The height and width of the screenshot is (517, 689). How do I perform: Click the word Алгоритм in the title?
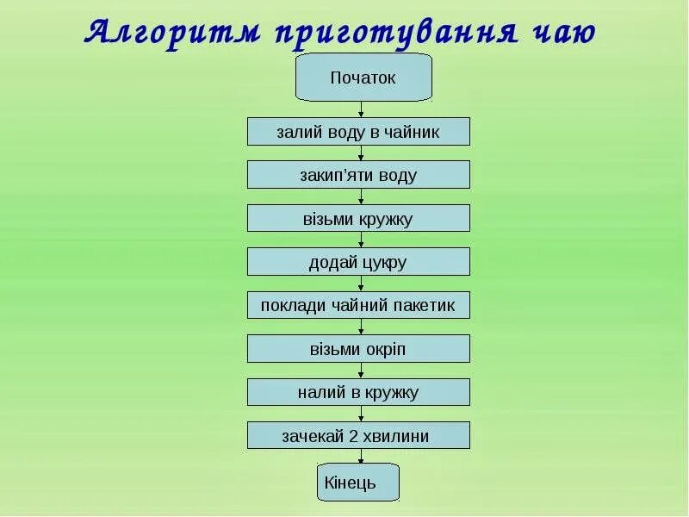(x=171, y=32)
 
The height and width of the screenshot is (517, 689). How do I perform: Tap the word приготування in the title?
(x=396, y=32)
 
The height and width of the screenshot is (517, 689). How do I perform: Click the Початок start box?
(x=363, y=78)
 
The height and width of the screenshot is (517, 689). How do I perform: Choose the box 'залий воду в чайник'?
(x=358, y=132)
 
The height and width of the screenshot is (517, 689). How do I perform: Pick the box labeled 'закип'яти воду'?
(x=358, y=175)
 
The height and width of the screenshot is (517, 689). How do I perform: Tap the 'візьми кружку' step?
(x=358, y=219)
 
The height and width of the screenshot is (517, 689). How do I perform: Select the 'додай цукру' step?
(x=358, y=262)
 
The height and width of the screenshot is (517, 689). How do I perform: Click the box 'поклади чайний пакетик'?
(x=358, y=305)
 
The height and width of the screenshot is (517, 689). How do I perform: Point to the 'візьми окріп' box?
(x=358, y=349)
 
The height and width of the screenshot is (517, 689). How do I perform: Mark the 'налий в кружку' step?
(x=358, y=392)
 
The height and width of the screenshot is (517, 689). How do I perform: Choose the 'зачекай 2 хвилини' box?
(x=358, y=436)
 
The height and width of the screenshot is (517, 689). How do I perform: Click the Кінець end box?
(x=359, y=483)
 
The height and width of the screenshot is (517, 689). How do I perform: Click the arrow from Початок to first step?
(x=362, y=109)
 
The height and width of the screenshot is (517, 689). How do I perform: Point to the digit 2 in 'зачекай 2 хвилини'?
(x=353, y=436)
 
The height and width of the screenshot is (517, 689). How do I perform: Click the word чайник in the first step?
(x=413, y=132)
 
